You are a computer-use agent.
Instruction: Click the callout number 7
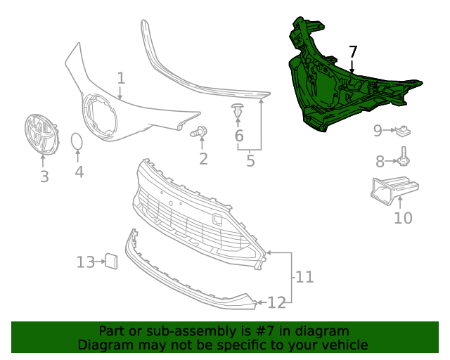[353, 51]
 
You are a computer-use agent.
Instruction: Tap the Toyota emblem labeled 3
[40, 135]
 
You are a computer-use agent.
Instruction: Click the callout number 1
[121, 77]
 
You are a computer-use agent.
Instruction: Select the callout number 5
[250, 161]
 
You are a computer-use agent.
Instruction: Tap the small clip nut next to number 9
[404, 130]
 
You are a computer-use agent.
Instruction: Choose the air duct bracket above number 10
[393, 188]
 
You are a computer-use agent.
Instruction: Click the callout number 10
[403, 218]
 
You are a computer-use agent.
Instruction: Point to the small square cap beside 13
[110, 261]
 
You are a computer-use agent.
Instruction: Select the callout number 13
[86, 262]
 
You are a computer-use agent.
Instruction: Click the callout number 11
[304, 277]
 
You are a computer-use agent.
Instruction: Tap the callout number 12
[276, 302]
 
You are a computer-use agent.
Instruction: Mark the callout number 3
[44, 176]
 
